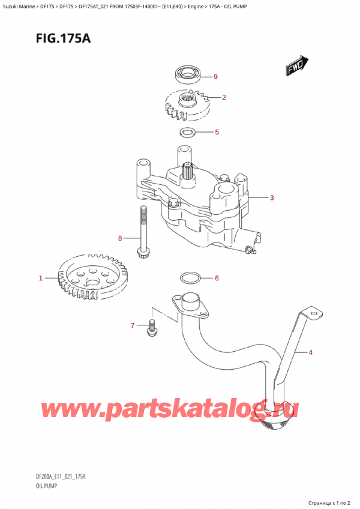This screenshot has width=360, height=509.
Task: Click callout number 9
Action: pos(216,77)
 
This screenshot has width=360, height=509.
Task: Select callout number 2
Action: pos(224,97)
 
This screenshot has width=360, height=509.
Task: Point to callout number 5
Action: pos(217,132)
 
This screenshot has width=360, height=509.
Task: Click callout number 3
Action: pos(272,198)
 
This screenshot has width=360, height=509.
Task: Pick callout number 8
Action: pos(120,238)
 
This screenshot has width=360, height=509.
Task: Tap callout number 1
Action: pos(41,278)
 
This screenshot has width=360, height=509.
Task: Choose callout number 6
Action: pos(217,278)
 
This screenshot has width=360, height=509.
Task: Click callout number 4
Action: pos(311,352)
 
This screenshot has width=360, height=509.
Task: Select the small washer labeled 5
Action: pos(187,132)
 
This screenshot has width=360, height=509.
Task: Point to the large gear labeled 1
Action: pos(89,278)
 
